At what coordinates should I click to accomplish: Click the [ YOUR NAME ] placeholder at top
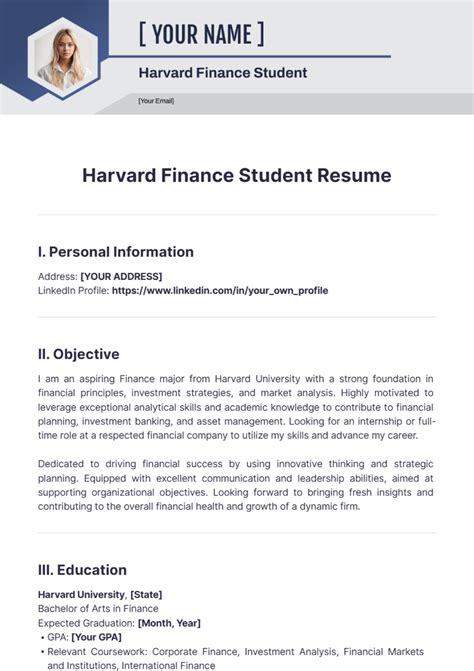[201, 35]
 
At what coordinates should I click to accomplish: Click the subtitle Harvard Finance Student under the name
[222, 73]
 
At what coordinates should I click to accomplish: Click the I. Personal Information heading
[115, 252]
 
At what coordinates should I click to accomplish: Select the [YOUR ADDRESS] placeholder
[128, 276]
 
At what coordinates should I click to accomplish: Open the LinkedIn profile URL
[220, 291]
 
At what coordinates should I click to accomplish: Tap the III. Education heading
[82, 570]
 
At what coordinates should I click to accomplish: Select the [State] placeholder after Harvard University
[146, 595]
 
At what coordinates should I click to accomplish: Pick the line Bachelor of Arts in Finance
[98, 609]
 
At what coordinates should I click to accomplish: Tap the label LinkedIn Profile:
[73, 291]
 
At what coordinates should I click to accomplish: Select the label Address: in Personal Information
[57, 276]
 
